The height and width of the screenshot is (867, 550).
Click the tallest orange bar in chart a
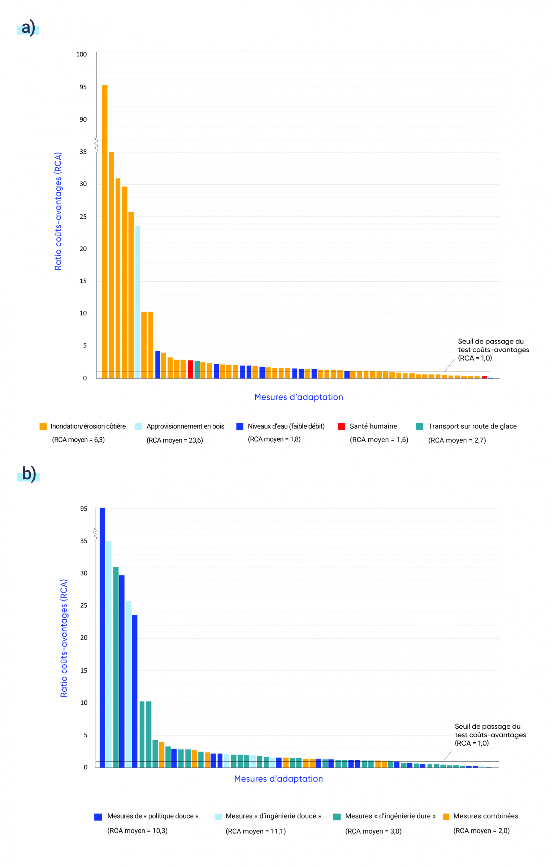pyautogui.click(x=105, y=231)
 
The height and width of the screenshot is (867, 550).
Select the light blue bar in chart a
pyautogui.click(x=138, y=302)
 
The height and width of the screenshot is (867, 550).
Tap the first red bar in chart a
pyautogui.click(x=190, y=369)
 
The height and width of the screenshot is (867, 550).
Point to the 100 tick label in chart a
pyautogui.click(x=81, y=54)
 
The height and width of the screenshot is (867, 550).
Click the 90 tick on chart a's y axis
pyautogui.click(x=83, y=120)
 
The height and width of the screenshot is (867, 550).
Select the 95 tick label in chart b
pyautogui.click(x=83, y=509)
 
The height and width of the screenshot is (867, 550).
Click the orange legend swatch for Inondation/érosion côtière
pyautogui.click(x=43, y=426)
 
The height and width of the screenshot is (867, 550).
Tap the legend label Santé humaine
pyautogui.click(x=373, y=426)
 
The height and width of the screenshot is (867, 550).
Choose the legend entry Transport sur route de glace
pyautogui.click(x=472, y=426)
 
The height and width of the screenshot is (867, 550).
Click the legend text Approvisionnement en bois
pyautogui.click(x=185, y=426)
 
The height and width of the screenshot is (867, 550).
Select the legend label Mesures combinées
pyautogui.click(x=485, y=816)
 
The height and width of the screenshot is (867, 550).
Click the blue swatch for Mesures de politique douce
pyautogui.click(x=98, y=817)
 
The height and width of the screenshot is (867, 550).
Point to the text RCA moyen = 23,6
pyautogui.click(x=175, y=440)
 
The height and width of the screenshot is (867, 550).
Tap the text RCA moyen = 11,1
pyautogui.click(x=256, y=831)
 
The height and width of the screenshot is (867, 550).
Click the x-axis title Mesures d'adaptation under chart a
pyautogui.click(x=298, y=397)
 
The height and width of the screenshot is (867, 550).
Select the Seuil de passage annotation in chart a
pyautogui.click(x=493, y=349)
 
